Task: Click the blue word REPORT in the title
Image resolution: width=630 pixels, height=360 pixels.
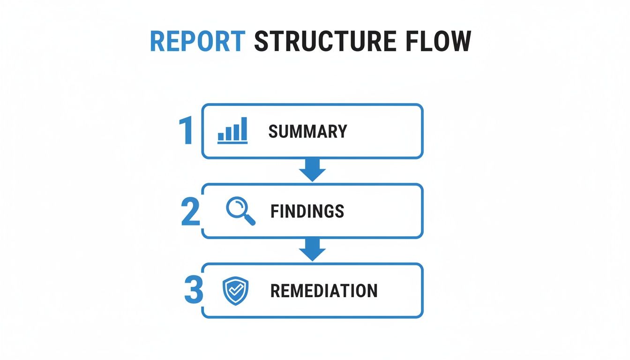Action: [x=197, y=42]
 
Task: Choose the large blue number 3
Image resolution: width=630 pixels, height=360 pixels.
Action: [x=193, y=291]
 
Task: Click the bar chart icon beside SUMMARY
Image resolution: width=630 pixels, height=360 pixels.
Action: [x=232, y=131]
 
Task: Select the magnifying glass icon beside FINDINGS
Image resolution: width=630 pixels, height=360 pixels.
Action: [x=240, y=211]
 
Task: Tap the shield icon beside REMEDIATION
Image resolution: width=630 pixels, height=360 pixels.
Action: [x=235, y=291]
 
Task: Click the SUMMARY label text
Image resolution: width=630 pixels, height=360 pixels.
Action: [x=307, y=131]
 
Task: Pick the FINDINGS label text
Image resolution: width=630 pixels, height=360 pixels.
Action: [x=307, y=211]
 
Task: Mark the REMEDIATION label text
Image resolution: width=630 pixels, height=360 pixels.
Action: [x=324, y=291]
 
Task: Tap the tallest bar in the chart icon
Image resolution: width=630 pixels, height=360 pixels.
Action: [x=244, y=128]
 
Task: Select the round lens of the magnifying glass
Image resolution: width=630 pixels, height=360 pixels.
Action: [x=236, y=207]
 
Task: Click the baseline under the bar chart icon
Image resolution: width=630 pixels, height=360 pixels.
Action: [x=232, y=142]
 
